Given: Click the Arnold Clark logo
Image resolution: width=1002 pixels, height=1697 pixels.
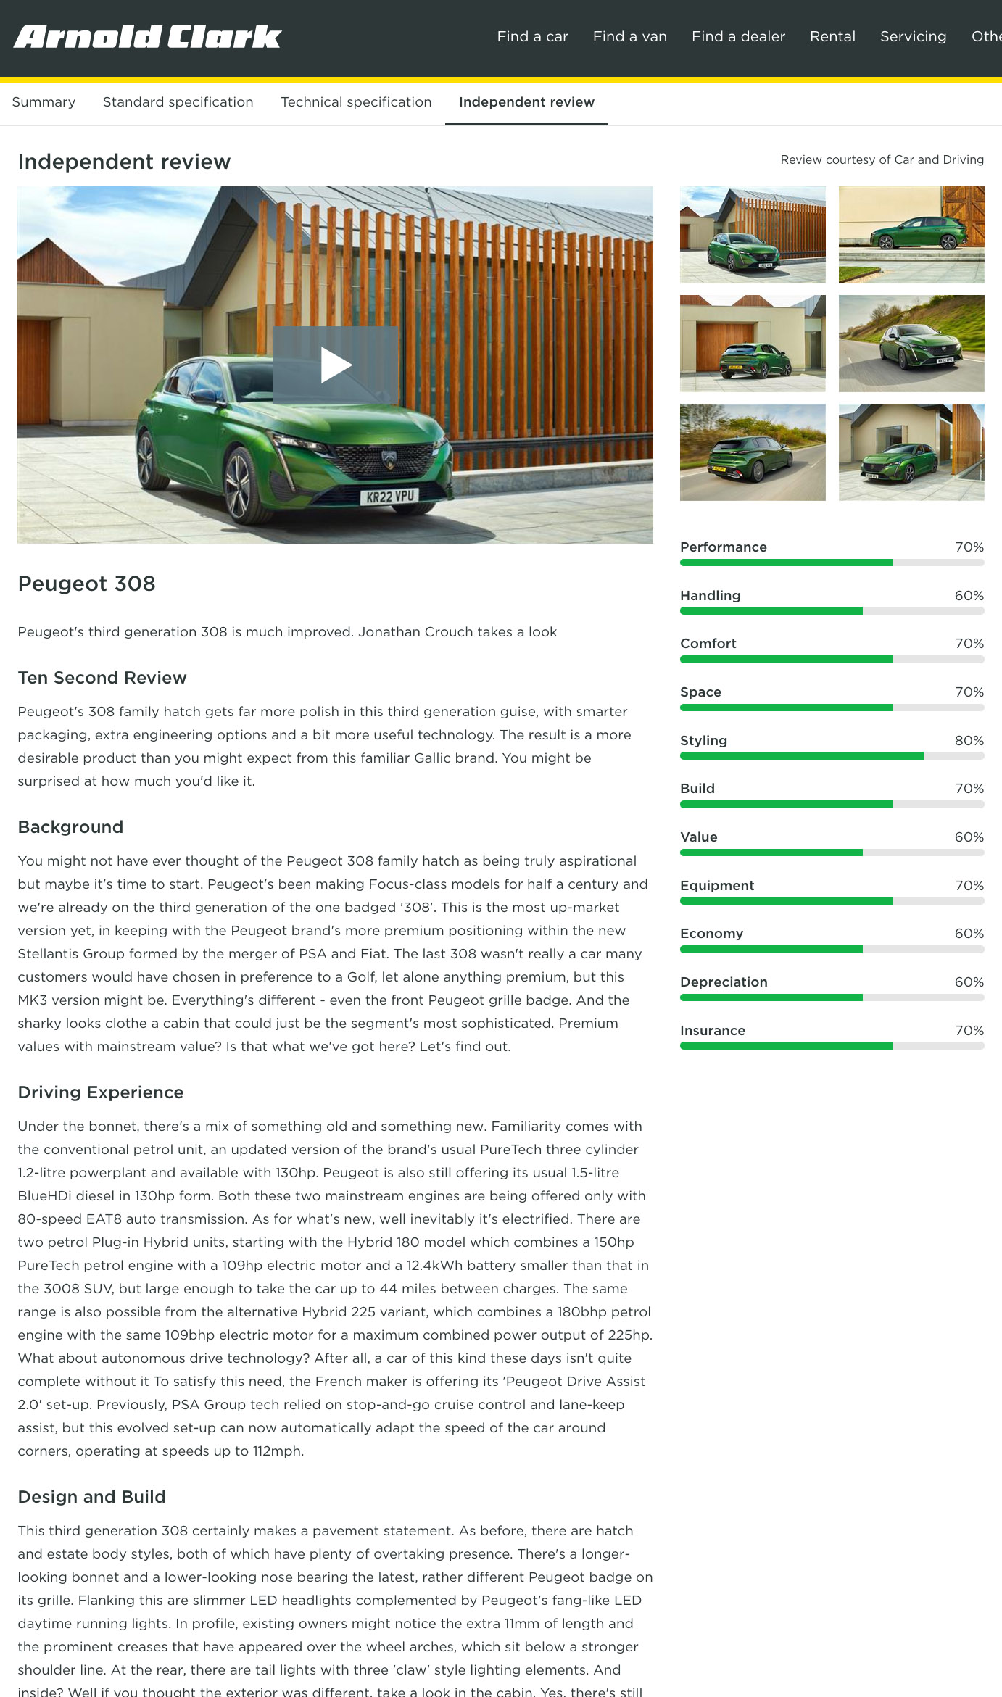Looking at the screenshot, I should (x=148, y=36).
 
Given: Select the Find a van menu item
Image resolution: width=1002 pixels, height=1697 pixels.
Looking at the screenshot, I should (x=629, y=36).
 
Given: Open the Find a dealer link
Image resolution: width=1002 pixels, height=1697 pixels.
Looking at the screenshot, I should (x=738, y=36).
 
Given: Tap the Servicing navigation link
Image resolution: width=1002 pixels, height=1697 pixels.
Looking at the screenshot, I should (x=913, y=36).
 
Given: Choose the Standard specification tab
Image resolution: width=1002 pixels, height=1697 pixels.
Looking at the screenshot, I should (x=178, y=102).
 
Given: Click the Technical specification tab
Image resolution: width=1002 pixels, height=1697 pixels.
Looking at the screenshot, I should (x=356, y=102).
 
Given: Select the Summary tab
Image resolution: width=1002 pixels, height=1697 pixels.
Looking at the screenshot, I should (x=44, y=102).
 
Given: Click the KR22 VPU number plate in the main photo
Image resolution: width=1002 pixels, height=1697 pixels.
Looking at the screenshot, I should (x=390, y=497).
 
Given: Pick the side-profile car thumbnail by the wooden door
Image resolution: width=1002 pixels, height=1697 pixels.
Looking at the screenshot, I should (x=911, y=234).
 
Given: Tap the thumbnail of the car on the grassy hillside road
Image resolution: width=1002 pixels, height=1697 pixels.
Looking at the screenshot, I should (x=911, y=343).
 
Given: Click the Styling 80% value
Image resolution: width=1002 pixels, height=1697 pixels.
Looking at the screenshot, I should (x=969, y=740).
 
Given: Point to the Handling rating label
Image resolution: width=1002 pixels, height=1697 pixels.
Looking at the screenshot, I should (x=710, y=595).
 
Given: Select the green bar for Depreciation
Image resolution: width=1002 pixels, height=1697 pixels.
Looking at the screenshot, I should (x=771, y=997).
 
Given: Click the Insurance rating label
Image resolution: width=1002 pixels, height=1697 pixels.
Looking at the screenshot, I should (x=712, y=1030).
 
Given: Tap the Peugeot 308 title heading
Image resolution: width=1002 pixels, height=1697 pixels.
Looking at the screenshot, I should (x=86, y=584).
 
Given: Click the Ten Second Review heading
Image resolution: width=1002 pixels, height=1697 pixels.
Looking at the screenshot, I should (x=102, y=678).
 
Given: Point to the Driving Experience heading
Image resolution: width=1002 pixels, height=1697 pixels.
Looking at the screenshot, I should (x=101, y=1092).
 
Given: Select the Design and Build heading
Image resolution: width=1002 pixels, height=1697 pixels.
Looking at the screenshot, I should (x=91, y=1497).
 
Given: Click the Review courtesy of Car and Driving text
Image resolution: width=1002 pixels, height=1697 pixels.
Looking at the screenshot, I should (x=882, y=159).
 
